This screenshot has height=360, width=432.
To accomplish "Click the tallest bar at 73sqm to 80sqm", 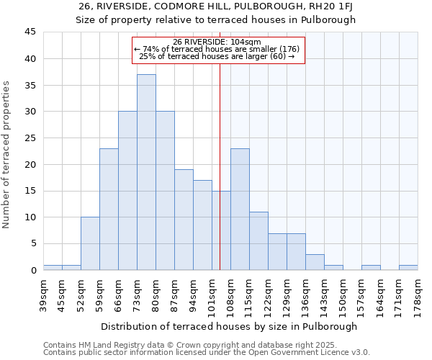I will tap(146, 172).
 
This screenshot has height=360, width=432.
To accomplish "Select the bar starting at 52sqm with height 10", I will tap(90, 243).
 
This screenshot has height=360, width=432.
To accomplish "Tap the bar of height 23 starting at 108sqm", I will tap(240, 209).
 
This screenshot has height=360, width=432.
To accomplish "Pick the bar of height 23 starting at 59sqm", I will tap(109, 209).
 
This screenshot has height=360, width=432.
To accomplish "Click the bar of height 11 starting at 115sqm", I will tap(258, 240).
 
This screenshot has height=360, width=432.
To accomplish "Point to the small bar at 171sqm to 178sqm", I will tap(408, 267).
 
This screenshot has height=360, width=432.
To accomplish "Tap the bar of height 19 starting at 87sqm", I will tap(184, 220).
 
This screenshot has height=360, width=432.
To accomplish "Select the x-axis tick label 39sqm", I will tap(44, 293).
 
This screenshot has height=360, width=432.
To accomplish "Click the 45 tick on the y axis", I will tap(30, 32).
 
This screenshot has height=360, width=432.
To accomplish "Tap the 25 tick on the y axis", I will tap(30, 138).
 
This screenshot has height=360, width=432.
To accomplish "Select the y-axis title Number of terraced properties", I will tap(7, 155).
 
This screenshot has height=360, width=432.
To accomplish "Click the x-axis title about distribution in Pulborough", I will tap(229, 326).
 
